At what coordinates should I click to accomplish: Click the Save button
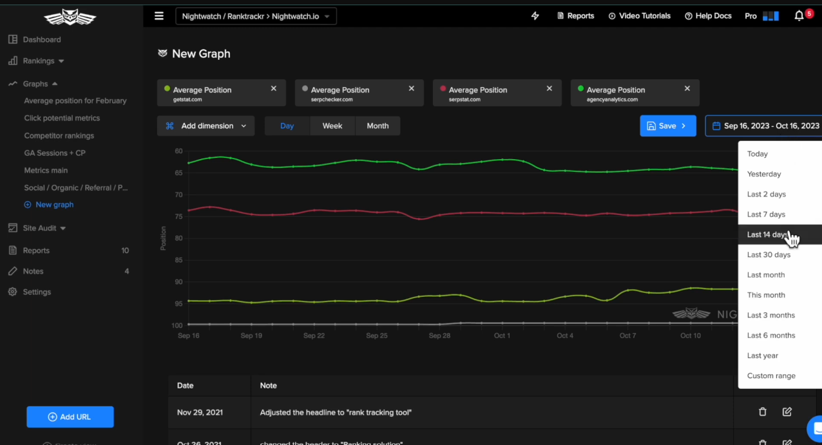[x=667, y=126]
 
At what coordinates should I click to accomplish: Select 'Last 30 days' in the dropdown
[x=769, y=255]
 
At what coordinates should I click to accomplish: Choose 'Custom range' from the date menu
[x=771, y=376]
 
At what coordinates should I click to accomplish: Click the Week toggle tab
[x=332, y=126]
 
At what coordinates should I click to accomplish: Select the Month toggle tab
[x=378, y=126]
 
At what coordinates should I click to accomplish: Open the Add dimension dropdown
[x=206, y=126]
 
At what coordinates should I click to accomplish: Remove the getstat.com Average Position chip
[x=274, y=89]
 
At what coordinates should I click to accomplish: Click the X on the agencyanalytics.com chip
[x=687, y=89]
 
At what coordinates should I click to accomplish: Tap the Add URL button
[x=70, y=417]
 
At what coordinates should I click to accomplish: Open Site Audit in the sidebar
[x=40, y=228]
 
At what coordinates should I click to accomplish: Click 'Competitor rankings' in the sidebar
[x=59, y=136]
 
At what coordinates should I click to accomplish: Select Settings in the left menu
[x=37, y=292]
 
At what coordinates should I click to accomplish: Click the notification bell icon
[x=799, y=16]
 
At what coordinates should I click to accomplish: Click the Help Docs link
[x=708, y=16]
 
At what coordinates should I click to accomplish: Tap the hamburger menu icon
[x=159, y=16]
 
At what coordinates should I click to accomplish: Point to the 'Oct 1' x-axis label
[x=502, y=336]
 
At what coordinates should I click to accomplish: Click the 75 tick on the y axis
[x=178, y=216]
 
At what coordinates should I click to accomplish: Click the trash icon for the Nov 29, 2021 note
[x=763, y=412]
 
